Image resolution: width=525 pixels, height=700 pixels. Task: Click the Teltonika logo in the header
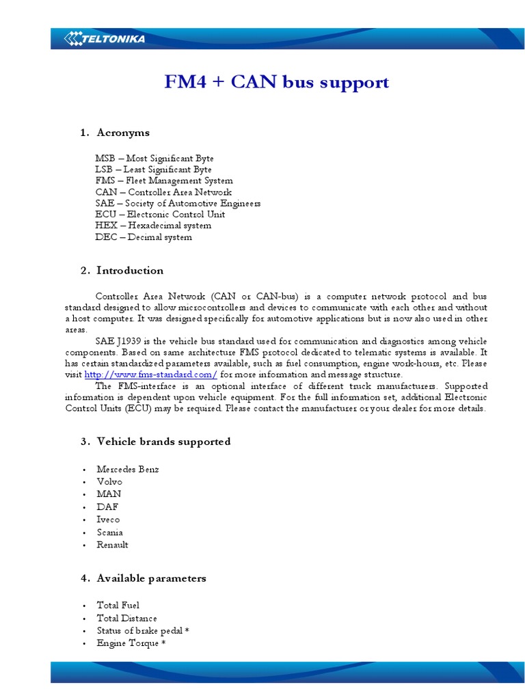(105, 39)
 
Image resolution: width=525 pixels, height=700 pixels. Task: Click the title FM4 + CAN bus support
(277, 83)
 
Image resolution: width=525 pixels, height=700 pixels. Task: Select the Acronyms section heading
(123, 132)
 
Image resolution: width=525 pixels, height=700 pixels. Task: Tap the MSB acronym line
(154, 158)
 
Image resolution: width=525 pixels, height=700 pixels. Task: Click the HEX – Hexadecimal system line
(153, 226)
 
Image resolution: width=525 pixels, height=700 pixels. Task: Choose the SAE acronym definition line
(178, 203)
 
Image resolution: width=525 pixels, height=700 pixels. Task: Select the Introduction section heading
(130, 270)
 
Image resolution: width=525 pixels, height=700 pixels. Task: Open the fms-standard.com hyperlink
(150, 375)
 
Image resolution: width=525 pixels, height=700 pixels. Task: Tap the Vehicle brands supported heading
(163, 442)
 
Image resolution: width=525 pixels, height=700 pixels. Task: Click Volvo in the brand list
(109, 482)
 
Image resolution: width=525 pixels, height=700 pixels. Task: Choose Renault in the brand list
(112, 545)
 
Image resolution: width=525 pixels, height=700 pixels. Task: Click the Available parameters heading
(151, 578)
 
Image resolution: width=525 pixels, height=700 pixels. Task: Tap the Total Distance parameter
(126, 618)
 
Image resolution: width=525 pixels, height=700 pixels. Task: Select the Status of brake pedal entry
(142, 631)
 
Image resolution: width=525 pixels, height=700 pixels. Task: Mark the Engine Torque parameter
(131, 643)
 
